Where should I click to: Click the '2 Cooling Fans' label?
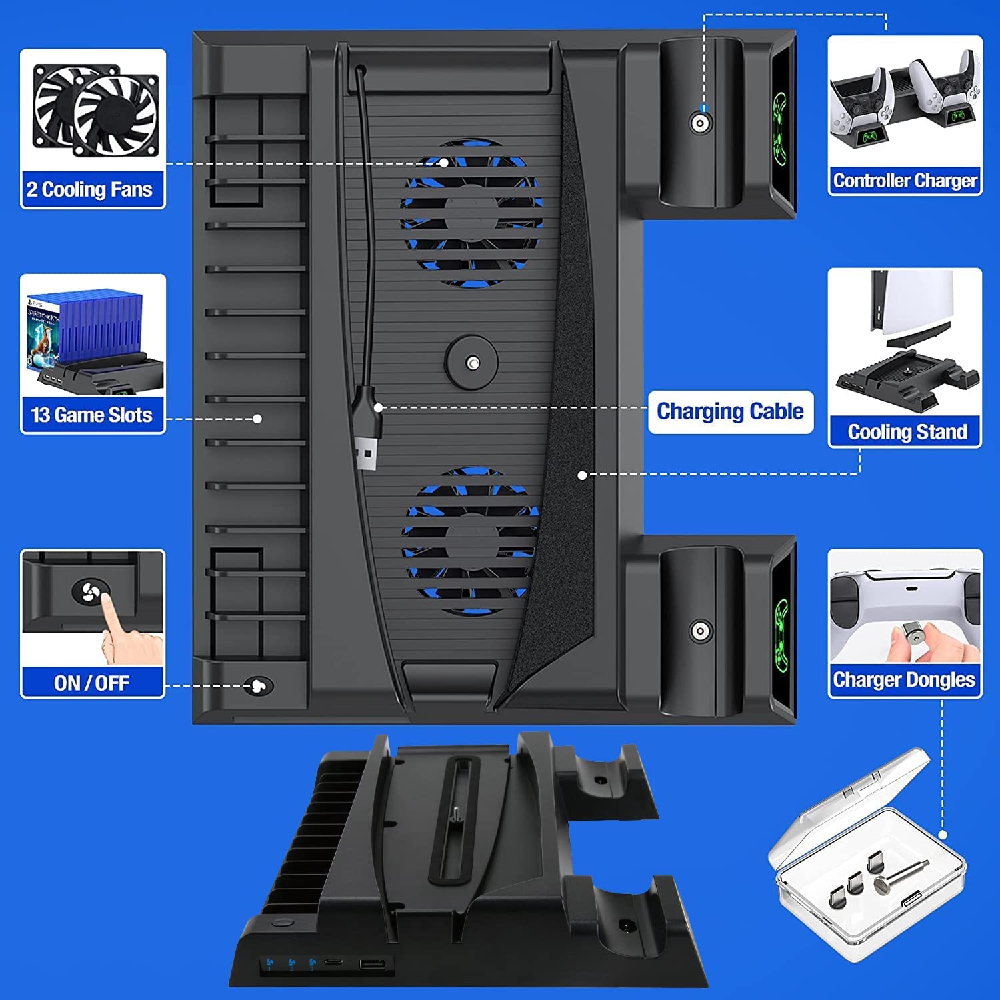90,190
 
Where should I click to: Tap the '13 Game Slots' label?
92,415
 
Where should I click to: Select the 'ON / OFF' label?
92,683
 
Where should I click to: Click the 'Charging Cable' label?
730,411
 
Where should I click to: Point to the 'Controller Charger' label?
905,181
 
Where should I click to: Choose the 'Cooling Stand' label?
907,432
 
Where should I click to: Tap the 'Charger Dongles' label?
904,680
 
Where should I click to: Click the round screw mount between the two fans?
472,363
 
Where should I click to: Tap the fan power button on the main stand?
258,686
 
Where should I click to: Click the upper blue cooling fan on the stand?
471,213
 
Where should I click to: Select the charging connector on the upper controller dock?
700,123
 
